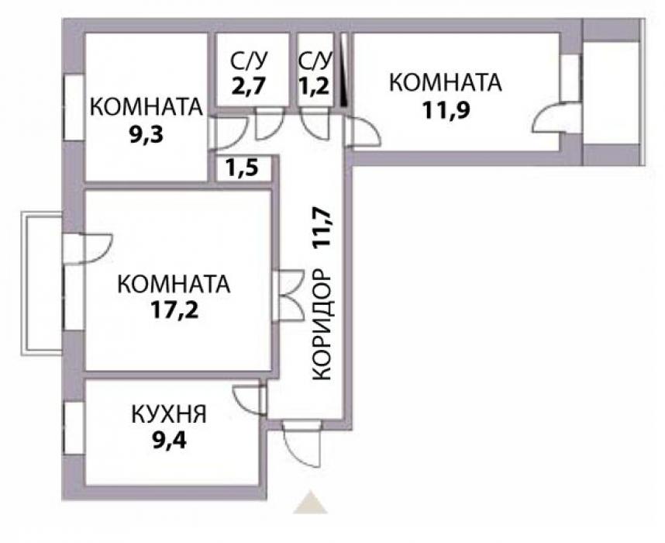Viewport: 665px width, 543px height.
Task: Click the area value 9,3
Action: (x=146, y=136)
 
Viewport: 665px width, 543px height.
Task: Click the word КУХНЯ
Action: (x=169, y=414)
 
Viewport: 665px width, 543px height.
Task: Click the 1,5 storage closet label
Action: (x=242, y=169)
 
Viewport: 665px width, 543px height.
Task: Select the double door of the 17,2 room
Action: (x=289, y=296)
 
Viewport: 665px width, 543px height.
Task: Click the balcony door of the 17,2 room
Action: (x=88, y=249)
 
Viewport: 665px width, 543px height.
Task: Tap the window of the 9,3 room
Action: (x=74, y=107)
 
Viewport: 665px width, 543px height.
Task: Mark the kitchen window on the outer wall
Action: (x=74, y=427)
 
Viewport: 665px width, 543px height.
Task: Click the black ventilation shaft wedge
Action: (x=344, y=69)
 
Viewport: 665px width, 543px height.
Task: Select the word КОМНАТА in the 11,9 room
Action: (x=446, y=83)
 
